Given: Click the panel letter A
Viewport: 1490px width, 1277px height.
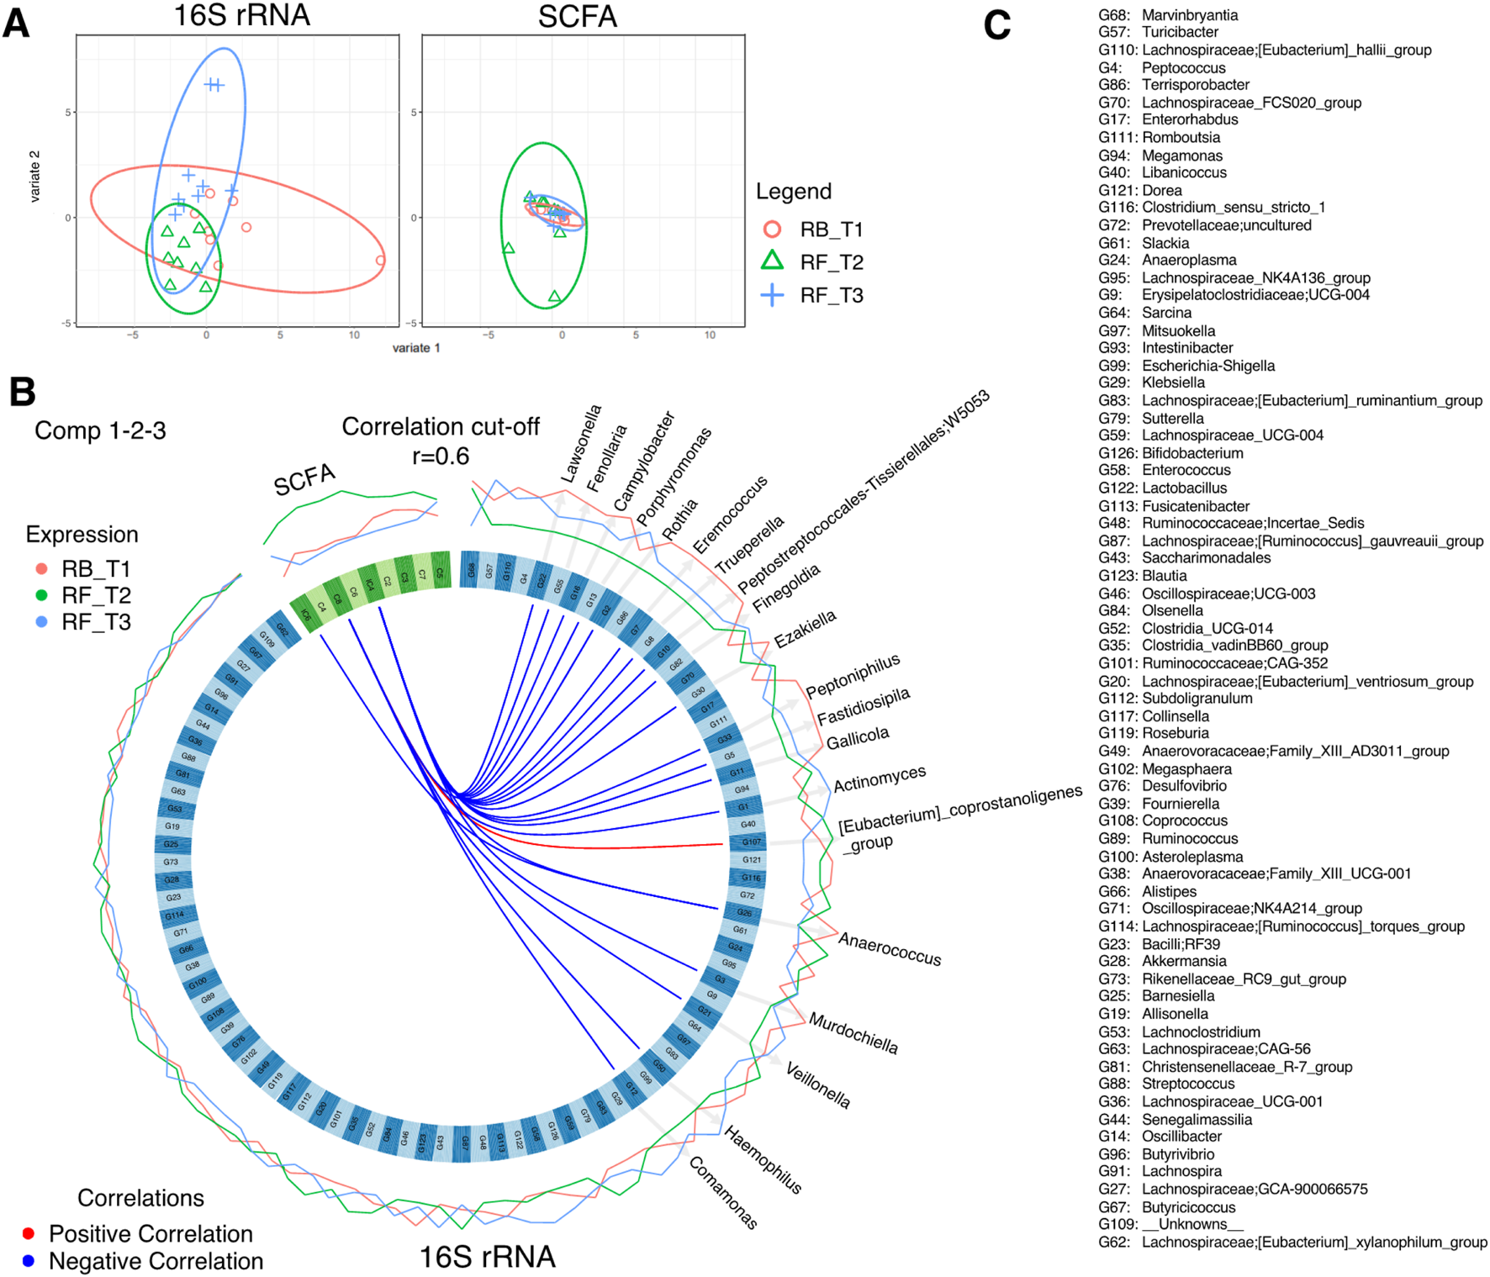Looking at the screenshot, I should [x=16, y=24].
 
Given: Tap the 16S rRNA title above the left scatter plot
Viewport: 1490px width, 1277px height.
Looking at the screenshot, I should [x=241, y=15].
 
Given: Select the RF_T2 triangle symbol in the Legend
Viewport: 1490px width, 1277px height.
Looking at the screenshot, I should [x=772, y=261].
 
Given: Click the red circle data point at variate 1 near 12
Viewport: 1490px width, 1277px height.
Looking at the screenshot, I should [x=380, y=261].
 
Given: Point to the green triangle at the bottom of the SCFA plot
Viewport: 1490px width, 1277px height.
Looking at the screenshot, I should [x=554, y=297].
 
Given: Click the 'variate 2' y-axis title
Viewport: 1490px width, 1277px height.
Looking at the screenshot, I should [x=35, y=177].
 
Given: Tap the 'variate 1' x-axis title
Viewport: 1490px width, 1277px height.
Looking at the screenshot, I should [x=415, y=348].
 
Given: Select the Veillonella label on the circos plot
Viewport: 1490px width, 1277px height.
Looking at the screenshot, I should [x=817, y=1084].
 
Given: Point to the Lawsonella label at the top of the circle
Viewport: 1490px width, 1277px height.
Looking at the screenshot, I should [x=581, y=444].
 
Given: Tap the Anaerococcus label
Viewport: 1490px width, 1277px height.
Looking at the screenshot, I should [x=890, y=949].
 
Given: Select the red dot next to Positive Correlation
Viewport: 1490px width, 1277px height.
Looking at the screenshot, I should [x=29, y=1233].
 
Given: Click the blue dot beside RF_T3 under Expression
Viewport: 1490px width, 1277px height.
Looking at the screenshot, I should [x=41, y=622].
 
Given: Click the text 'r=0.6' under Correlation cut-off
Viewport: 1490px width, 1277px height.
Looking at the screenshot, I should [x=440, y=456].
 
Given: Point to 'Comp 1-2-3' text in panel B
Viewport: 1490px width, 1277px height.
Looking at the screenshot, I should [x=100, y=430].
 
